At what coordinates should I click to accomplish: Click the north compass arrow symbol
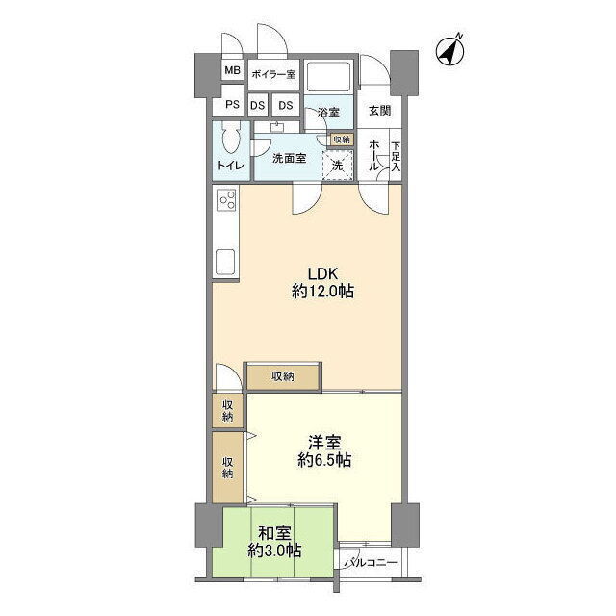450,51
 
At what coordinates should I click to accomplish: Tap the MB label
232,70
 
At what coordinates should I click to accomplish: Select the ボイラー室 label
273,74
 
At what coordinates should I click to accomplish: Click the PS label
232,105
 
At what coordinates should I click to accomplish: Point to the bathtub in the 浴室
329,77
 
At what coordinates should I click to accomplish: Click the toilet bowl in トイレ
231,139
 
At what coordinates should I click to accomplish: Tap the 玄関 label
379,111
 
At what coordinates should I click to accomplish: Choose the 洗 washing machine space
338,166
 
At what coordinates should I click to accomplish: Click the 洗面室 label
289,158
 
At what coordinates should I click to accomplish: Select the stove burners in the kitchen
227,199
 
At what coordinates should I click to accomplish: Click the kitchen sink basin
226,262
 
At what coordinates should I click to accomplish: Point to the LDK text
322,273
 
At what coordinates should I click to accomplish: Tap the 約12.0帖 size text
322,292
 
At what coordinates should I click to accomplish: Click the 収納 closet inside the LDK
282,377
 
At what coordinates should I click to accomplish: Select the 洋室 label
324,443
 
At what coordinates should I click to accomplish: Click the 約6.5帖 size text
324,460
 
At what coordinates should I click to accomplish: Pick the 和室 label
274,534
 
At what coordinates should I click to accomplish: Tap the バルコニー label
371,562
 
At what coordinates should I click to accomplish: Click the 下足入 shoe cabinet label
396,156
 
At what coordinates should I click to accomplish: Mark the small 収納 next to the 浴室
342,140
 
